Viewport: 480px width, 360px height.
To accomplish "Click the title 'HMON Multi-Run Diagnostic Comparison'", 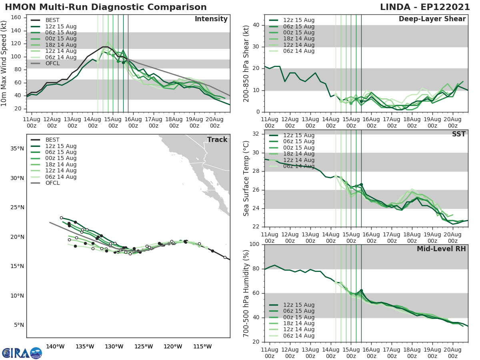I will tap(106, 7).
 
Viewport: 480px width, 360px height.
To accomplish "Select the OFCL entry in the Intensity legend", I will tap(52, 63).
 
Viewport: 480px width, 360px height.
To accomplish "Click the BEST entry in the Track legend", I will tap(52, 140).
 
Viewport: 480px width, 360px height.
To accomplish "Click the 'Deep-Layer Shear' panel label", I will tap(432, 19).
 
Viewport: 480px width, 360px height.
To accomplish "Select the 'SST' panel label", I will tap(458, 134).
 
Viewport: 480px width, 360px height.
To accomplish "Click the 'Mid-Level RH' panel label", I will tap(441, 249).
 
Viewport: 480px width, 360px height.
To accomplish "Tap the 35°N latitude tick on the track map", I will tap(17, 149).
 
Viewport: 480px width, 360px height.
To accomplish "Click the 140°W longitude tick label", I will tap(56, 346).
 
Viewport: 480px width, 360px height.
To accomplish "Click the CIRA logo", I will tap(22, 353).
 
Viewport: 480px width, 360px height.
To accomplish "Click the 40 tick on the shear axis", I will tap(258, 25).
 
